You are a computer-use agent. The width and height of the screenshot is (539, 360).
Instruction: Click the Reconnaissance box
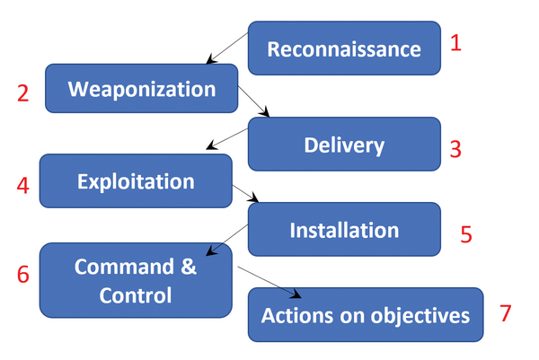(344, 48)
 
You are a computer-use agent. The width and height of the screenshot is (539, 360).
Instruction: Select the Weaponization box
(142, 89)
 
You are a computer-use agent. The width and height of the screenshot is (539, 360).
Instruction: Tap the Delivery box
(344, 145)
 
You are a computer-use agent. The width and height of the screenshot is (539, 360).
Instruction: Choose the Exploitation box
(136, 181)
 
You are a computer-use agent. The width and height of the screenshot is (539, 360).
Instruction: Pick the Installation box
(344, 230)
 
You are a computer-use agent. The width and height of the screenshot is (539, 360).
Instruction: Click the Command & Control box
(136, 281)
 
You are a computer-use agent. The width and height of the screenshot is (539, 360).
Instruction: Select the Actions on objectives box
(365, 315)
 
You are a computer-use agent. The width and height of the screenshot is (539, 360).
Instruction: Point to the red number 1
(455, 43)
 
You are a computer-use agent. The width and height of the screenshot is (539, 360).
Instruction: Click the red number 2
(22, 92)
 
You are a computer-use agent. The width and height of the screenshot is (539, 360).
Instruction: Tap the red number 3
(455, 149)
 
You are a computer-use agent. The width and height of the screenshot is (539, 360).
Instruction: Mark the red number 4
(22, 186)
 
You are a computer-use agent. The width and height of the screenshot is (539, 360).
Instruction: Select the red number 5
(466, 234)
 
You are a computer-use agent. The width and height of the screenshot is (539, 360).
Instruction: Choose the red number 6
(22, 275)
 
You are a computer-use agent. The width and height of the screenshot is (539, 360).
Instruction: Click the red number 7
(505, 313)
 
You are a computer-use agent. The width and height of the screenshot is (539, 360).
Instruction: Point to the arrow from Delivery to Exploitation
(227, 138)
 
